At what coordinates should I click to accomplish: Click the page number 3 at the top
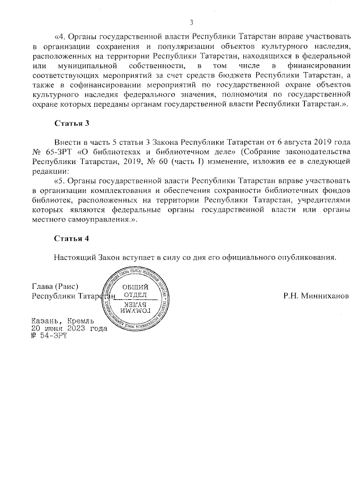[x=191, y=23]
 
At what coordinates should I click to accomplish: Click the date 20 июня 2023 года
[x=69, y=328]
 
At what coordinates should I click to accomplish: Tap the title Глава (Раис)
[x=54, y=287]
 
